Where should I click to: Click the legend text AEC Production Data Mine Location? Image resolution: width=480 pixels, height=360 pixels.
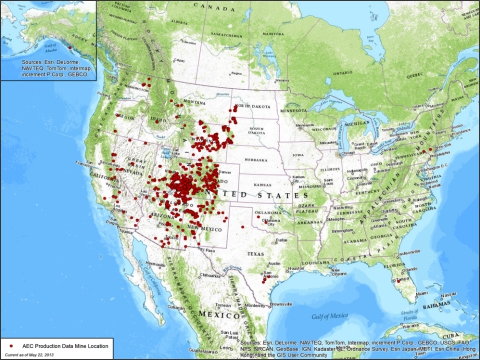coord(50,343)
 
